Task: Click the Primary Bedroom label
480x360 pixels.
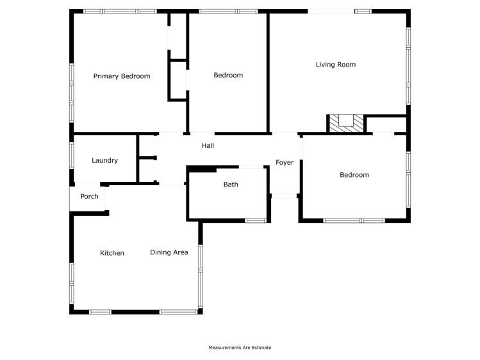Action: (x=122, y=76)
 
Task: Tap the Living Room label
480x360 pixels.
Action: (x=335, y=64)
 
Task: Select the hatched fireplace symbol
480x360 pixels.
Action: (x=345, y=123)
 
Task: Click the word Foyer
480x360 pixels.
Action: (x=285, y=163)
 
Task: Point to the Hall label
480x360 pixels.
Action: (x=208, y=146)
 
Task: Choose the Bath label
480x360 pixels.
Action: (x=231, y=184)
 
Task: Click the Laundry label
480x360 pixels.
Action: (x=104, y=160)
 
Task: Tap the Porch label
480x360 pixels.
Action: (x=89, y=196)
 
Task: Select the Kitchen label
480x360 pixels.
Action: (x=112, y=253)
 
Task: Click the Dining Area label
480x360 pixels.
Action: (x=169, y=252)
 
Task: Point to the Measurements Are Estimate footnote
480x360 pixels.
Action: (x=240, y=348)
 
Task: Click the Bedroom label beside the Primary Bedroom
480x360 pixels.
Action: (x=228, y=75)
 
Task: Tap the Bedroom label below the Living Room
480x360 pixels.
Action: (x=354, y=175)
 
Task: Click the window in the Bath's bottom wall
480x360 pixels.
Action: (x=256, y=221)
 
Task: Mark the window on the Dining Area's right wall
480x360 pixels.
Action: (x=201, y=267)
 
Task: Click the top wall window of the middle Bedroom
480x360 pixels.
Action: (x=228, y=11)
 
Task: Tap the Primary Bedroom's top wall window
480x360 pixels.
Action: (x=120, y=11)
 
